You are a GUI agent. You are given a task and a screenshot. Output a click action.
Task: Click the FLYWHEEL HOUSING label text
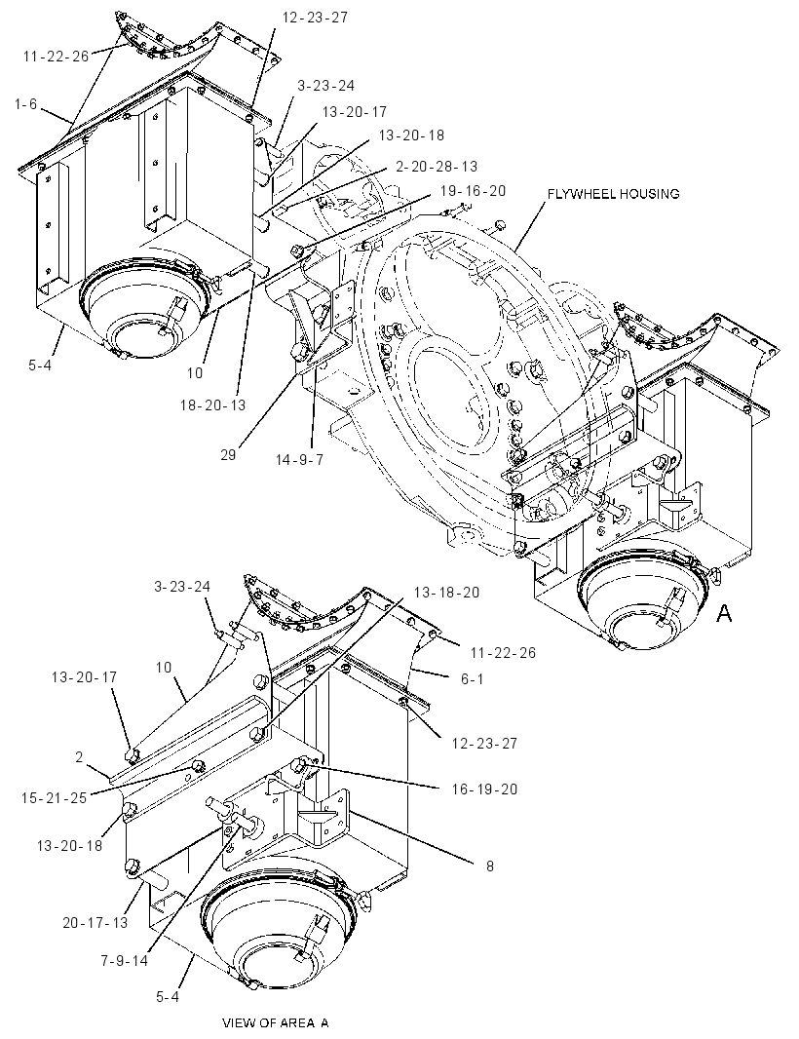tap(613, 194)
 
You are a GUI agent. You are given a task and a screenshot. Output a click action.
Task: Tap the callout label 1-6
tap(26, 104)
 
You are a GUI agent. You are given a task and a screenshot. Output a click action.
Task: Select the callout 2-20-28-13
tap(436, 167)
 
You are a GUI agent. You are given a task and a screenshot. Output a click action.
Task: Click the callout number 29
tap(228, 455)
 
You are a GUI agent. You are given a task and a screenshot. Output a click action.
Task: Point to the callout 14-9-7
tap(299, 459)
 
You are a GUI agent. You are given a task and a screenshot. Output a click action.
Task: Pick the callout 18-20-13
tap(212, 404)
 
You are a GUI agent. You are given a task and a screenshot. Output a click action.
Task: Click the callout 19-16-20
tap(473, 191)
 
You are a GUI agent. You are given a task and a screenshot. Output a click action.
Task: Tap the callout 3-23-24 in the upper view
tap(325, 86)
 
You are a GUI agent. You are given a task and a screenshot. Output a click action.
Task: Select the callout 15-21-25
tap(54, 798)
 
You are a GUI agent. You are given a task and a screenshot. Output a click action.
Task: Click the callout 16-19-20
tap(484, 789)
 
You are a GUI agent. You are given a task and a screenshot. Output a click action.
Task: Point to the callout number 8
tap(489, 866)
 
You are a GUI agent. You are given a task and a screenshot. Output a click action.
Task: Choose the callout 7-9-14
tap(125, 961)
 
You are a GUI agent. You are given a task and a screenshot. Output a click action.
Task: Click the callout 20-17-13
tap(95, 922)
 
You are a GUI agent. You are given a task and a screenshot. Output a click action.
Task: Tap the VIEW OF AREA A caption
tap(275, 1023)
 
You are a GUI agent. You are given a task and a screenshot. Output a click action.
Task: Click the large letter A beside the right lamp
tap(724, 614)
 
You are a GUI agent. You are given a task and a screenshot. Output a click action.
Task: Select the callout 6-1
tap(472, 679)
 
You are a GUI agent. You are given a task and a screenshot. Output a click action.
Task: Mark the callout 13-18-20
tap(446, 592)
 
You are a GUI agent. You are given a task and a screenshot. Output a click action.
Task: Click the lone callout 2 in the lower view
tap(79, 756)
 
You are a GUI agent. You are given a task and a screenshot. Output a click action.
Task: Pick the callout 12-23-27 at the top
tap(315, 18)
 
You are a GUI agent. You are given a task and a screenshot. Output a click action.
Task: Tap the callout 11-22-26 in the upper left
tap(56, 57)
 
